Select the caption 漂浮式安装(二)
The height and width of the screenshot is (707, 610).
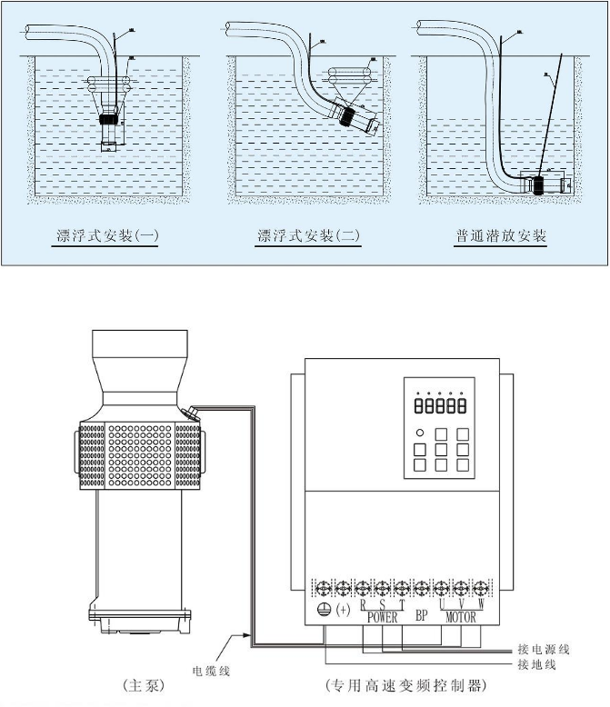click(x=309, y=236)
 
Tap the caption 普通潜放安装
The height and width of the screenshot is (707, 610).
click(x=501, y=236)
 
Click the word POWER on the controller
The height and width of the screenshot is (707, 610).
click(x=383, y=617)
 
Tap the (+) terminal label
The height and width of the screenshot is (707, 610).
click(x=344, y=608)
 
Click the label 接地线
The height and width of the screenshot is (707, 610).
click(x=537, y=665)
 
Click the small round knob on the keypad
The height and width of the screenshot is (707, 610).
click(x=419, y=433)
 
